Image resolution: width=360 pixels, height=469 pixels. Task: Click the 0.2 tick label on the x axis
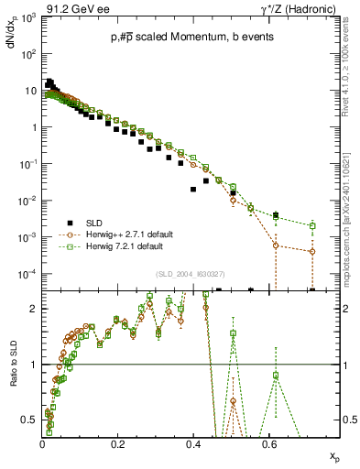(117, 444)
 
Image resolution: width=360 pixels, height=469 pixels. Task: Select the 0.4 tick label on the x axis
(192, 444)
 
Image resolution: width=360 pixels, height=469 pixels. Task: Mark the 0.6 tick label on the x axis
(267, 444)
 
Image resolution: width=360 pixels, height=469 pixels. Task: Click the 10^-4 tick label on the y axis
(28, 274)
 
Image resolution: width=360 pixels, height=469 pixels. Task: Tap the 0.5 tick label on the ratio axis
(31, 420)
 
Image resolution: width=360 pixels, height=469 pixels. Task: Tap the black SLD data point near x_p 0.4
(192, 190)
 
